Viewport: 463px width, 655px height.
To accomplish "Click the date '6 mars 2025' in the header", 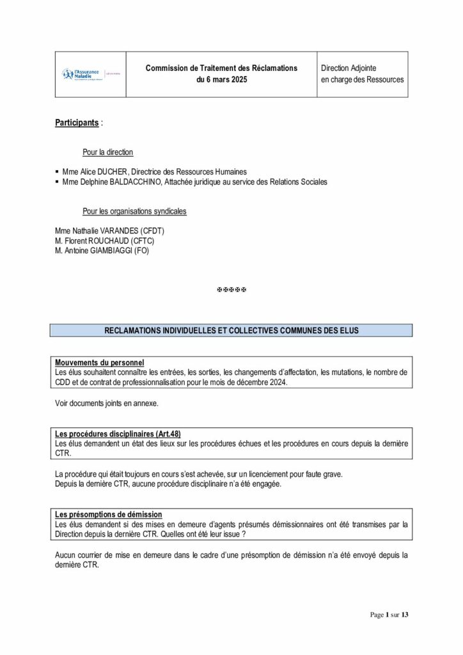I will click(x=221, y=80).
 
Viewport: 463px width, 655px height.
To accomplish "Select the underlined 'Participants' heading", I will click(x=77, y=122).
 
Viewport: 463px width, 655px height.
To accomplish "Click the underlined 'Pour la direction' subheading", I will click(x=108, y=152).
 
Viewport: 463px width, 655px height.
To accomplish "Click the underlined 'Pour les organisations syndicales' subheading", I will click(x=139, y=212).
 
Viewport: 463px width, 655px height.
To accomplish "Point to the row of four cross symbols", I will click(x=231, y=290).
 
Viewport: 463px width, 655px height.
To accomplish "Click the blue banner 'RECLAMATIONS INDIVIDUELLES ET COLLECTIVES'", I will click(x=231, y=330).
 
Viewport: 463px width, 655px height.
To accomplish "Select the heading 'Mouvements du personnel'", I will click(x=99, y=362).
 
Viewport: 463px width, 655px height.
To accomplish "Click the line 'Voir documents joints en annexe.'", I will click(x=106, y=404).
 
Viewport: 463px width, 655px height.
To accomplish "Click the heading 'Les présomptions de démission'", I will click(x=108, y=514).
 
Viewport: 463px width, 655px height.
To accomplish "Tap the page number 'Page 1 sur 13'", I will click(x=389, y=615).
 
